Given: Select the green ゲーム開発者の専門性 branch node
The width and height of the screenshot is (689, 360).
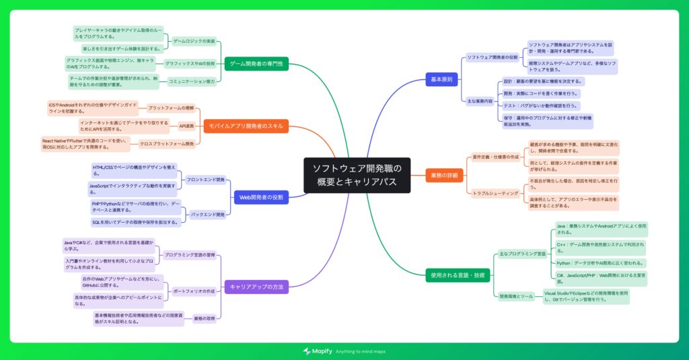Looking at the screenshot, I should point(256,63).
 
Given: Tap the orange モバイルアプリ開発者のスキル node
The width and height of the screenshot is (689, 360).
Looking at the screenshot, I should point(246,126).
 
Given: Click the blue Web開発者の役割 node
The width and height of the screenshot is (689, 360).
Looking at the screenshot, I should point(262,197).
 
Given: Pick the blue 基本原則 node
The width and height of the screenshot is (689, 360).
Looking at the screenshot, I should point(441,79).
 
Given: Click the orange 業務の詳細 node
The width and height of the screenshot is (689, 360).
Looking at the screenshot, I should point(443,175).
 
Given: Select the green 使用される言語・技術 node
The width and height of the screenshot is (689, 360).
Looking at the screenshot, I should point(458,275).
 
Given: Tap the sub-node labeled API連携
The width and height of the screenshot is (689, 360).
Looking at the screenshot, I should point(186,125).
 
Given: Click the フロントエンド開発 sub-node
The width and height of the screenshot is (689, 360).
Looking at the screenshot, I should point(205,180).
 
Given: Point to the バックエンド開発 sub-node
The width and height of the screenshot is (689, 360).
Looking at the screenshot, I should point(208,214).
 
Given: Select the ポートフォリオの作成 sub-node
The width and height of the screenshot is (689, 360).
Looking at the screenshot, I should point(194,291).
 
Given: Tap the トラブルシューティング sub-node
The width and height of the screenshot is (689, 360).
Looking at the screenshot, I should point(495,193).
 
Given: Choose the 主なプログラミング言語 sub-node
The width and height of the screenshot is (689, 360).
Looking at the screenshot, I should point(522,254).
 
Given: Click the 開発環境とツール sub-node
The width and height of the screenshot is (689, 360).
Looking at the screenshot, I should point(516,295).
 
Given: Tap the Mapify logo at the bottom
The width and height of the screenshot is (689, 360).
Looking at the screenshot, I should point(316,351).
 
